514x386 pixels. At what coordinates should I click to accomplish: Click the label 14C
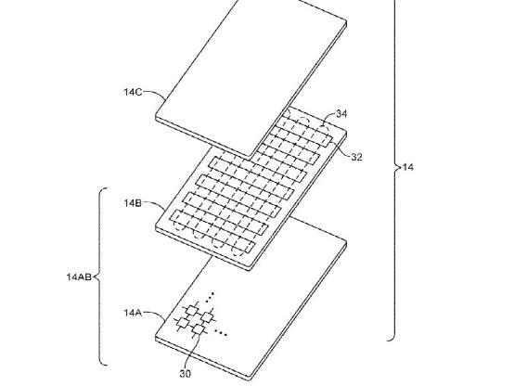click(x=133, y=92)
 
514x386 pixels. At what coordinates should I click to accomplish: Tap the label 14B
click(x=133, y=203)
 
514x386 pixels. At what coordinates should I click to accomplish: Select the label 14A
click(x=133, y=313)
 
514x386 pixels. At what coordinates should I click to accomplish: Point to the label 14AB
click(x=79, y=277)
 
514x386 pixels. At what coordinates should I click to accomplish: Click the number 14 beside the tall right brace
click(x=408, y=167)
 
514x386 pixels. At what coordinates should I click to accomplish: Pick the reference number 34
click(x=341, y=114)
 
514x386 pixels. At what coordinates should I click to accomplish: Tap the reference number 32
click(x=356, y=157)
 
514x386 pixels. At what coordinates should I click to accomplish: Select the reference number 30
click(x=186, y=374)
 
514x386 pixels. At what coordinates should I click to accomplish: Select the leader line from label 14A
click(x=154, y=314)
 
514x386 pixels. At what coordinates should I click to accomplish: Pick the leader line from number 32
click(x=341, y=149)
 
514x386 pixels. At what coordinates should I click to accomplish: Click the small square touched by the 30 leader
click(x=198, y=328)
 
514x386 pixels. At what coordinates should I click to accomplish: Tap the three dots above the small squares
click(x=210, y=297)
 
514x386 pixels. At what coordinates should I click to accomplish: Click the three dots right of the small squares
click(x=221, y=332)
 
